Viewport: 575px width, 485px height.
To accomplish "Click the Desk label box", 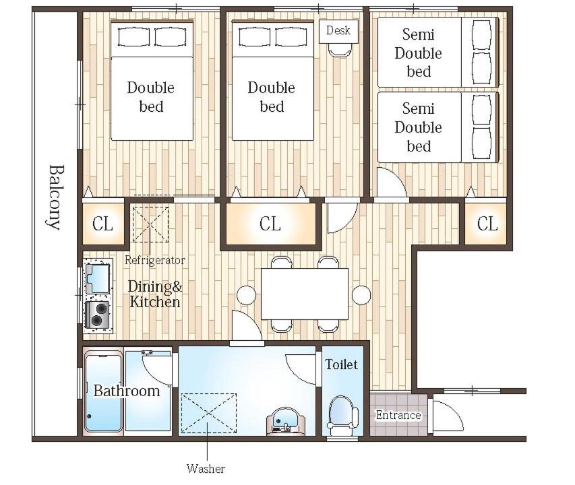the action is coord(338,31).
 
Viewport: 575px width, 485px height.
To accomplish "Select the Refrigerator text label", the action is coord(155,261).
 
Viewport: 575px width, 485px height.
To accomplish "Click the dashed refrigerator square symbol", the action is coord(151,224).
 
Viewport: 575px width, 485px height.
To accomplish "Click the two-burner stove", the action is coord(98,315).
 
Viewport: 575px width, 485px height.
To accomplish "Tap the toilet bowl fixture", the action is coord(342,412).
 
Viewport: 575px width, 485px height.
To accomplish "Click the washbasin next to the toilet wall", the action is coord(285,420).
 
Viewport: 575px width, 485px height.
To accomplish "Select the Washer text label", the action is coord(206,469).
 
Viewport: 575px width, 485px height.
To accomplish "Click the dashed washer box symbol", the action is coord(209,413).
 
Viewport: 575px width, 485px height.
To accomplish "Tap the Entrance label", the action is coord(398,416).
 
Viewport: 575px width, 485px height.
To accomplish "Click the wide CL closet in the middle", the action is coord(270,224).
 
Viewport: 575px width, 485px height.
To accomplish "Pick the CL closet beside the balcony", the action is coord(103,224).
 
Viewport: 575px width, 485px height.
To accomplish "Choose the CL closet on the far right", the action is coord(487,224).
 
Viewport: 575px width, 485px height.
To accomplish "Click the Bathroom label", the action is coord(127,391).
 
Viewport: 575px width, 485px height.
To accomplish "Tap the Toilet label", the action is coord(341,364).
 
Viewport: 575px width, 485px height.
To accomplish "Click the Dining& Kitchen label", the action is coord(155,294).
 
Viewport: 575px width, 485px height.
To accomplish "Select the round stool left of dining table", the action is coord(247,295).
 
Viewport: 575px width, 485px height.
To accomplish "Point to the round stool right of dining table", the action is coord(361,295).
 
